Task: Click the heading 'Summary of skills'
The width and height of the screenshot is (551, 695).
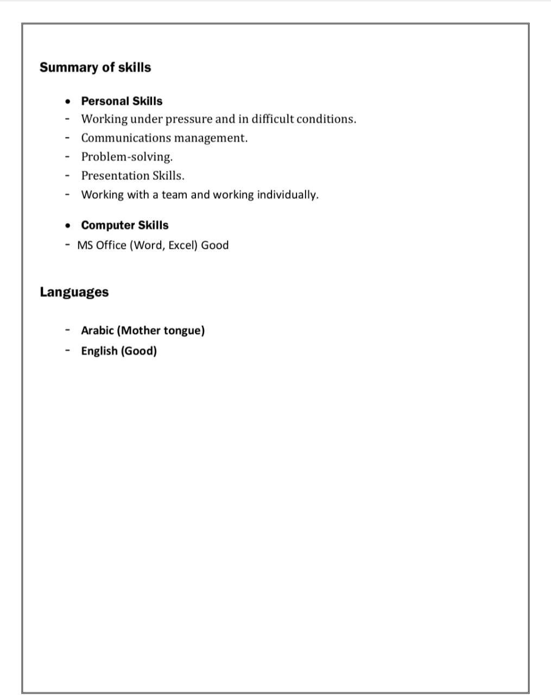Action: click(x=95, y=67)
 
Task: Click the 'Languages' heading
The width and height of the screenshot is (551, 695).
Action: click(x=74, y=292)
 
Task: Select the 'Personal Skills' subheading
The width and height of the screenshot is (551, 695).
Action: click(x=122, y=101)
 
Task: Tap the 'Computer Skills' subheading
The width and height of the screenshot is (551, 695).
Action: click(x=125, y=225)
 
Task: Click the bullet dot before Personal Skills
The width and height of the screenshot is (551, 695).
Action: click(x=67, y=102)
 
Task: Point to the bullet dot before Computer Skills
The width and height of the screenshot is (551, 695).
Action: click(x=67, y=225)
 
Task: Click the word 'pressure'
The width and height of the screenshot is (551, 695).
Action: click(x=189, y=119)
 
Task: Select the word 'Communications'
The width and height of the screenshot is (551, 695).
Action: click(x=126, y=138)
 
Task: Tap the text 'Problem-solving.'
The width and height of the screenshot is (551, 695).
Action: click(x=127, y=157)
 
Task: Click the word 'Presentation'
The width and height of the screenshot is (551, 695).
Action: click(x=115, y=176)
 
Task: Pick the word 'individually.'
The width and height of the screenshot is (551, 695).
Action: click(x=288, y=195)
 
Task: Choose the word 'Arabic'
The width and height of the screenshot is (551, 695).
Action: click(x=97, y=331)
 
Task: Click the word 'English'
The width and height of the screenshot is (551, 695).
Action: click(x=99, y=351)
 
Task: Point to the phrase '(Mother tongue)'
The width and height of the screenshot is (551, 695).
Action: click(x=161, y=331)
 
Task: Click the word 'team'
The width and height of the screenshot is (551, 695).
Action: click(x=174, y=195)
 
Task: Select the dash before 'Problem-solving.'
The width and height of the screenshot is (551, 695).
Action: click(x=67, y=157)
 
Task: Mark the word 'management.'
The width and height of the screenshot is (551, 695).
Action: click(x=211, y=138)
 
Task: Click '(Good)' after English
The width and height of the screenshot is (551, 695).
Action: click(x=138, y=351)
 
